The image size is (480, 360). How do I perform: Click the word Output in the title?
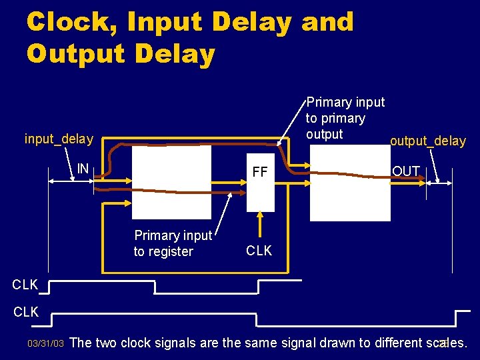pos(74,54)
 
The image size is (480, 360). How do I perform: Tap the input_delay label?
pos(59,139)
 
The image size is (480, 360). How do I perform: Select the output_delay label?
pos(428,141)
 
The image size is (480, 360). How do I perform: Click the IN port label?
pos(83,169)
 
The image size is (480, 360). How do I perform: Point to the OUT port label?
pos(405,171)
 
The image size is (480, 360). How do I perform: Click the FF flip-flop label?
pos(259,173)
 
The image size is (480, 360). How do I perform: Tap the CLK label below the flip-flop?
pos(259,251)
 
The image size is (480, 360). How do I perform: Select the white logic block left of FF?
pos(172,182)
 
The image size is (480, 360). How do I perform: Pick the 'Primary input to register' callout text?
pos(173,243)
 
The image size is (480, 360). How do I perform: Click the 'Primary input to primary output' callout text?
pos(345,118)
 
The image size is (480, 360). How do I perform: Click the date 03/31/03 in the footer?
pos(45,344)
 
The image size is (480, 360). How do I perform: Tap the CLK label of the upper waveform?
pos(25,285)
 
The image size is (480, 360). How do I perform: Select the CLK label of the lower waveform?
pos(25,312)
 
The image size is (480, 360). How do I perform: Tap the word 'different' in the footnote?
pos(391,343)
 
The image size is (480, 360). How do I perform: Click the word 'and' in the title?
pos(327,23)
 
